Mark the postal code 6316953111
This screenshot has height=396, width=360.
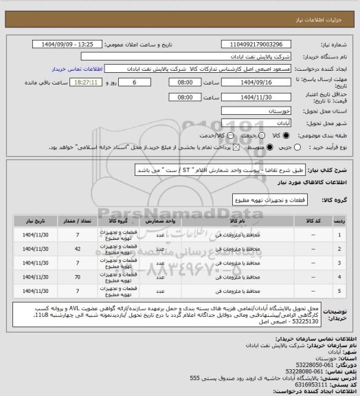309,385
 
